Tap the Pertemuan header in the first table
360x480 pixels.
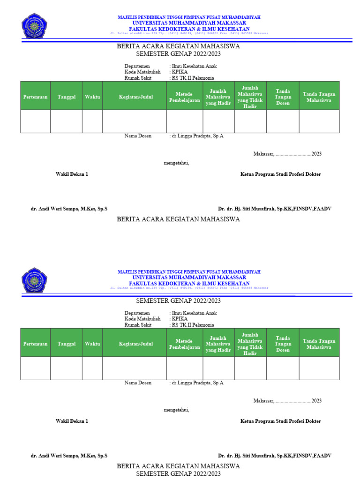point(36,97)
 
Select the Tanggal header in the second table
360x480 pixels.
point(67,344)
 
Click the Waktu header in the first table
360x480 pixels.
point(92,97)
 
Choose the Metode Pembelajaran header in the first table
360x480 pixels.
point(185,97)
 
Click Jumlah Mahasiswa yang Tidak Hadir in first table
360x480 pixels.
point(250,97)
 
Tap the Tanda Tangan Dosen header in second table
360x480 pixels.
point(283,344)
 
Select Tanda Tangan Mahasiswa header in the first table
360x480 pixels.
point(319,97)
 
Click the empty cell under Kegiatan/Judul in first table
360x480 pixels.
point(135,121)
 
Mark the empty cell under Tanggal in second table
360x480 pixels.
point(67,368)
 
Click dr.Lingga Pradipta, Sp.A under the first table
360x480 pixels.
point(197,136)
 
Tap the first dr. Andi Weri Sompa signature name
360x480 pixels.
point(69,209)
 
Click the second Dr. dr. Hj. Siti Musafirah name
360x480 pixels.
point(275,456)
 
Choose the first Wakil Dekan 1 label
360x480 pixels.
point(72,174)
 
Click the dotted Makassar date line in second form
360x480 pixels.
point(287,401)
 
